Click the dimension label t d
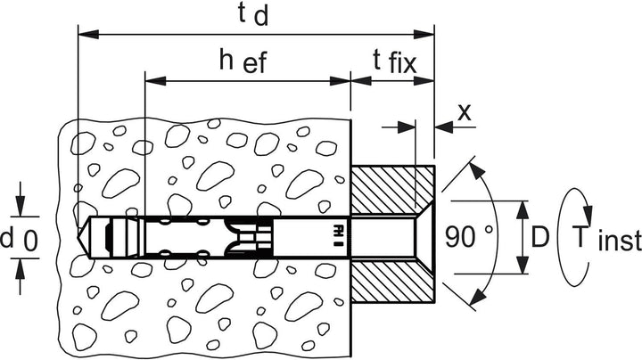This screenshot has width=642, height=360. click(253, 16)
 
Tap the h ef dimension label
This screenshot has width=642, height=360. click(243, 61)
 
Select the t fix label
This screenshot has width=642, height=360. click(395, 62)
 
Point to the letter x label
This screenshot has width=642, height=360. click(465, 112)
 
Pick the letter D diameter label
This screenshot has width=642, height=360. click(539, 237)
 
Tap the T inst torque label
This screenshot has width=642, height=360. click(607, 238)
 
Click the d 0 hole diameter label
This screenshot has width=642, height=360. click(20, 240)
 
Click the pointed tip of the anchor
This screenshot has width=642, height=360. click(78, 237)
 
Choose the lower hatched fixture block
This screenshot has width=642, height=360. click(393, 281)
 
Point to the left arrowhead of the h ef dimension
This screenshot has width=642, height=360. click(155, 80)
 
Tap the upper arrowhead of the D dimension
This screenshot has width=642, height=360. click(522, 211)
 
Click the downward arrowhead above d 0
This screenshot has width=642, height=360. click(20, 206)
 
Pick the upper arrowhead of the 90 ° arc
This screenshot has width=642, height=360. click(476, 170)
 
